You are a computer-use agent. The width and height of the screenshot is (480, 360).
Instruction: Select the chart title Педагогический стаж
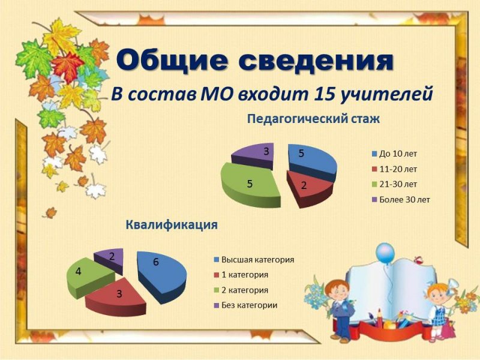(314, 119)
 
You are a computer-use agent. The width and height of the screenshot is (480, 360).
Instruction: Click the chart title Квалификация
(172, 225)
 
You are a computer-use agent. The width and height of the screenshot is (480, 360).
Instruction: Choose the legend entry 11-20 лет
(398, 169)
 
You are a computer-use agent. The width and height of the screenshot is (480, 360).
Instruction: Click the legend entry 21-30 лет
(398, 184)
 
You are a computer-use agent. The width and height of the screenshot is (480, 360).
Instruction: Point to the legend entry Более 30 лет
(404, 199)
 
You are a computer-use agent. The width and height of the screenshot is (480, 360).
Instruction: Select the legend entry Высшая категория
(257, 260)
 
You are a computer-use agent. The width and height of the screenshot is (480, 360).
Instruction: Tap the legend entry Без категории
(249, 305)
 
